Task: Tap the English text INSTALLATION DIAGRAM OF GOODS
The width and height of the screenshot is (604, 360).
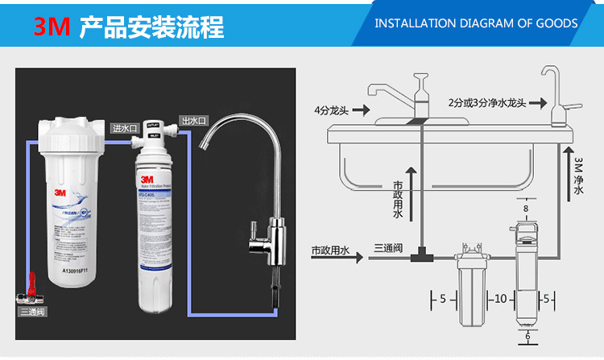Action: tap(477, 23)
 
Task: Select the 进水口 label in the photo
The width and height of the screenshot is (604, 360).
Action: tap(126, 127)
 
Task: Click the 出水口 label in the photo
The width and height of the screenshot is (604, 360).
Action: tap(193, 120)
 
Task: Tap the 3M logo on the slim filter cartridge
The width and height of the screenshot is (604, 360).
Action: tap(147, 179)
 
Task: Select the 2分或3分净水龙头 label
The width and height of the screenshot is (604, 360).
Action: tap(486, 102)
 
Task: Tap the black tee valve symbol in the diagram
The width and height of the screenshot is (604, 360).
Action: tap(420, 257)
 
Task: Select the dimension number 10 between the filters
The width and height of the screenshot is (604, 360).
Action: tap(500, 299)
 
